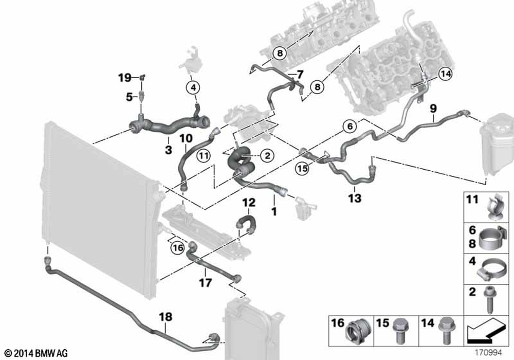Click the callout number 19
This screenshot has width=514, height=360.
pos(124,78)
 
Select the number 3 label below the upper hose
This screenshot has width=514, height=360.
pos(168,150)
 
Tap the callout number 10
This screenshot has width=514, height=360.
pos(185,138)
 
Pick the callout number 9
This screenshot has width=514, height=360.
pos(433,108)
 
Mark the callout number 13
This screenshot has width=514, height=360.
pos(355,198)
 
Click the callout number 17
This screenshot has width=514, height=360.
pos(205,282)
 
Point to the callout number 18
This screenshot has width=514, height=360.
pos(166,318)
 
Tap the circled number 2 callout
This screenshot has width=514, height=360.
pos(267,154)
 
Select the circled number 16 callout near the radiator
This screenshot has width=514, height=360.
pos(178,247)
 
